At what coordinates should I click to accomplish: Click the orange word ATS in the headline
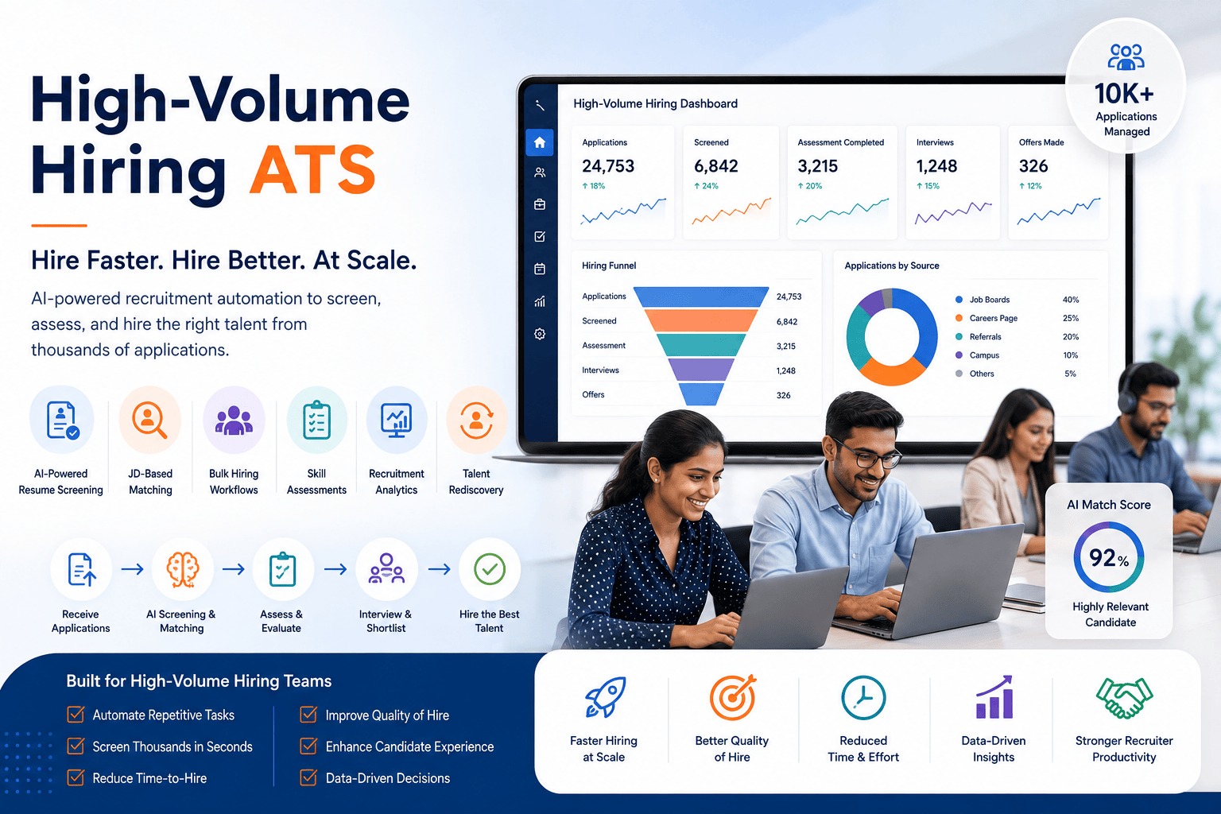312,169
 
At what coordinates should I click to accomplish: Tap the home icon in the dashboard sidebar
540,143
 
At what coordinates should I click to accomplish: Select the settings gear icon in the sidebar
540,334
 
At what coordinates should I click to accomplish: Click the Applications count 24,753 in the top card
608,166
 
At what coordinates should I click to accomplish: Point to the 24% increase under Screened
706,186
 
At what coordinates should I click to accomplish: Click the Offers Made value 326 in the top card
1033,166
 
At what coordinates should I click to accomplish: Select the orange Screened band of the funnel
701,320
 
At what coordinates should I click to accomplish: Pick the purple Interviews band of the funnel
701,370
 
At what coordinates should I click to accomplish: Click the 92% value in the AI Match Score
1109,558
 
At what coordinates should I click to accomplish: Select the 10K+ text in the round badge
1125,93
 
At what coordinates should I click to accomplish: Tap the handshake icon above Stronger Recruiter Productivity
1124,697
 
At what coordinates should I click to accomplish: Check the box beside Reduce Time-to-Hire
76,777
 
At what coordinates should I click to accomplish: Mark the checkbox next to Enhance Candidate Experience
308,746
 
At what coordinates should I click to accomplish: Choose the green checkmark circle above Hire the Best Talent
490,569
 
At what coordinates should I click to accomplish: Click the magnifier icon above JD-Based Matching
149,420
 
